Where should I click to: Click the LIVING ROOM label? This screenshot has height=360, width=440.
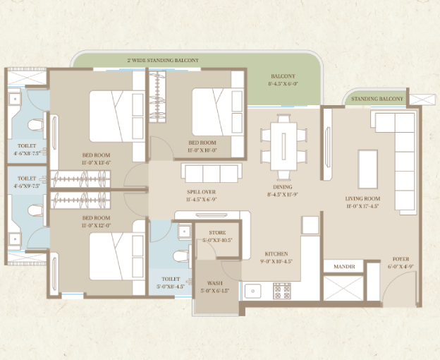[363, 199]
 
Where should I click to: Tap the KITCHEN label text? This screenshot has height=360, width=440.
[276, 253]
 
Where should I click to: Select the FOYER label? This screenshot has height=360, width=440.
[401, 259]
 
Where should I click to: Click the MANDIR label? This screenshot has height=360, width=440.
[343, 267]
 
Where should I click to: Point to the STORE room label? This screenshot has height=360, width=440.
[217, 232]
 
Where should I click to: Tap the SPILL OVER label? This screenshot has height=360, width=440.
[200, 192]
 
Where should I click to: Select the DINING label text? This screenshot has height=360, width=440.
[283, 188]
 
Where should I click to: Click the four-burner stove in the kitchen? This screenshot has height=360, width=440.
[281, 290]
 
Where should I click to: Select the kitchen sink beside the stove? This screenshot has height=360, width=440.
[252, 290]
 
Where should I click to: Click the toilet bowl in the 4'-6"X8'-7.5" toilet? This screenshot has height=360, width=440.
[35, 126]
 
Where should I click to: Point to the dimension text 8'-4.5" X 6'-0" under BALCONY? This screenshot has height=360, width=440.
[283, 84]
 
